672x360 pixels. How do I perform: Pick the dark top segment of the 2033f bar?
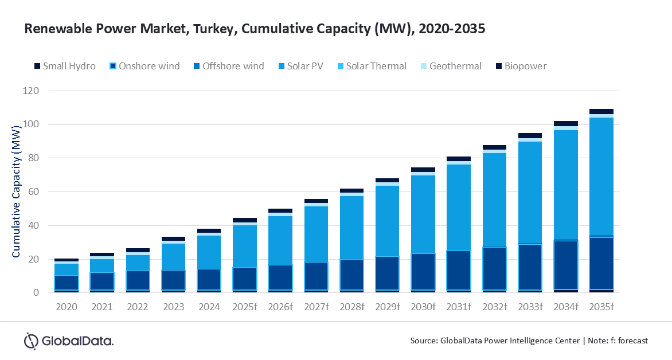coord(530,136)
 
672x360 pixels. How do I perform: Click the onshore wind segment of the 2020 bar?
coord(67,283)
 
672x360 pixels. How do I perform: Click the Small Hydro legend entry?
coord(64,66)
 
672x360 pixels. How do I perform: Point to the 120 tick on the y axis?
coord(32,91)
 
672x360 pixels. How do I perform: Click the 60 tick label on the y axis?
coord(34,192)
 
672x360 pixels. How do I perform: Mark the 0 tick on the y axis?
coord(36,293)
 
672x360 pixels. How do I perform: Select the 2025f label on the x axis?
coord(245,307)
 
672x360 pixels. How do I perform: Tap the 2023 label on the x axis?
coord(174,307)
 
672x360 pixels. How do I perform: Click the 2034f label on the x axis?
coord(565,307)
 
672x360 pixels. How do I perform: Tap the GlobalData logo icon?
coord(30,341)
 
